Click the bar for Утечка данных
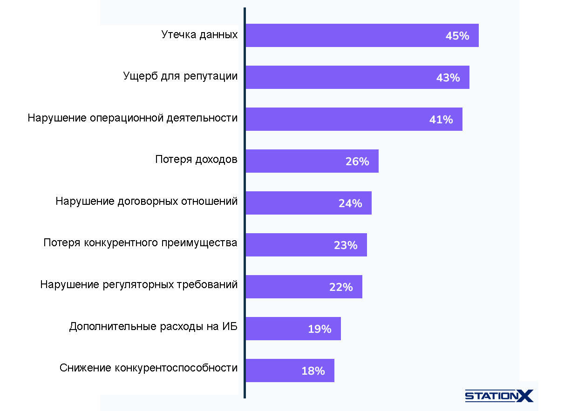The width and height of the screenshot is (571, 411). (x=345, y=35)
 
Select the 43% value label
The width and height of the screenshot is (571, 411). (x=448, y=78)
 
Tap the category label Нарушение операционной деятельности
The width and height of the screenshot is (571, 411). (x=132, y=118)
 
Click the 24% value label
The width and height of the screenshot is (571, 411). (x=350, y=203)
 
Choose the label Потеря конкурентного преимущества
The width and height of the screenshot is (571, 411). (x=140, y=243)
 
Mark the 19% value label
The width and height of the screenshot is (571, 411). (x=319, y=329)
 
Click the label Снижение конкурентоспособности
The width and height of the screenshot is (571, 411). (x=148, y=368)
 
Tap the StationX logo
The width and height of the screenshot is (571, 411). (x=499, y=396)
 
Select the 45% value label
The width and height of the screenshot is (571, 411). (x=457, y=36)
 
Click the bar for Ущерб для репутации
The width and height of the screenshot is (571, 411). (x=340, y=77)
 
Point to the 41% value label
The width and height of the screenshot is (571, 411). (x=441, y=120)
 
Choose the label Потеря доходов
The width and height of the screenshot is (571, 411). (x=196, y=160)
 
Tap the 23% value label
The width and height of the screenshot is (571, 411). (x=346, y=245)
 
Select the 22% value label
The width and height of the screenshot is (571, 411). (x=341, y=287)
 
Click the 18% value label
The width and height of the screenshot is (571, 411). (x=313, y=371)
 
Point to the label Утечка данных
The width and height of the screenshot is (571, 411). (x=199, y=34)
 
